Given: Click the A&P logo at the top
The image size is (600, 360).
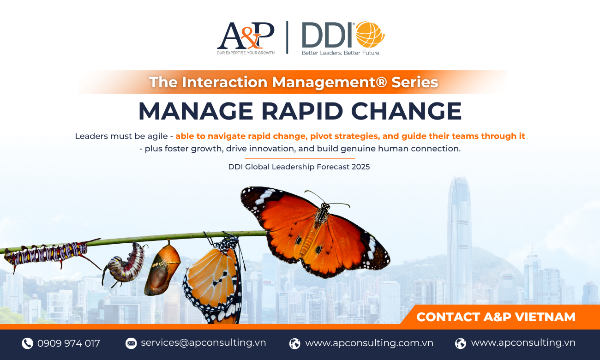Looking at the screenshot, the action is pos(246,38).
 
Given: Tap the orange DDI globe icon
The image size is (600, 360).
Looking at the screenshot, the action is pos(370,35).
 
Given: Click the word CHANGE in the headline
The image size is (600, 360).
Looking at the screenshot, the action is pos(406,111).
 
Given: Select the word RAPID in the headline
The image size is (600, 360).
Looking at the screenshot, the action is pos(302,111).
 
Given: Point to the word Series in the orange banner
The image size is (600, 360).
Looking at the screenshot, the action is pos(414,82).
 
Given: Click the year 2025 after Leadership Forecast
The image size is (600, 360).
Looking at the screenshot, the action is pos(360,167).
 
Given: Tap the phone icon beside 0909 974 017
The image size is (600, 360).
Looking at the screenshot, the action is pos(27,343).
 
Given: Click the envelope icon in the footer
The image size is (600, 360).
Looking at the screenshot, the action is pos(131,343).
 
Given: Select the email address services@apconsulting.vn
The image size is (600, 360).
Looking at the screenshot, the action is pos(203,342).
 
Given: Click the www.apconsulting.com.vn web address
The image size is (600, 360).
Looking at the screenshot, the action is pos(369,343).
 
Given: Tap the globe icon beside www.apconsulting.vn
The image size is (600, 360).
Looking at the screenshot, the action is pos(461,343).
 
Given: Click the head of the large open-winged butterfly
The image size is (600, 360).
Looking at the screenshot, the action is pos(324,206).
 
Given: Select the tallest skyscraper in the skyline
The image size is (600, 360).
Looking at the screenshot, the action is pos(459,241).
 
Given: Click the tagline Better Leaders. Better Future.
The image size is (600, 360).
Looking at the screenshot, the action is pos(341,53).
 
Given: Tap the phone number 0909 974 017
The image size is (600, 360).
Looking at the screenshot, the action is pos(69,343).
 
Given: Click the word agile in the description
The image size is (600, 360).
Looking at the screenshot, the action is pos(157,137).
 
